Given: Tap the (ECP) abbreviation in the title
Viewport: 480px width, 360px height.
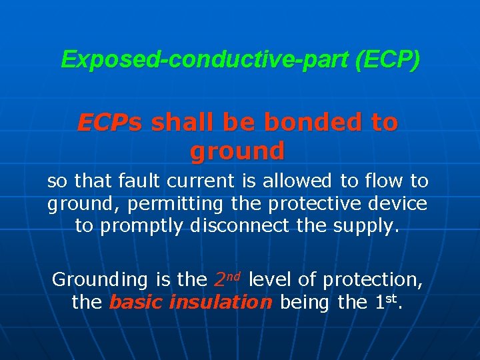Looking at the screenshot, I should coord(387,60).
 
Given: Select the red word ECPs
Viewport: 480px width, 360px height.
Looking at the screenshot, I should coord(109,123).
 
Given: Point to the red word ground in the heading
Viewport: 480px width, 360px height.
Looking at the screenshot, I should coord(237,151).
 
